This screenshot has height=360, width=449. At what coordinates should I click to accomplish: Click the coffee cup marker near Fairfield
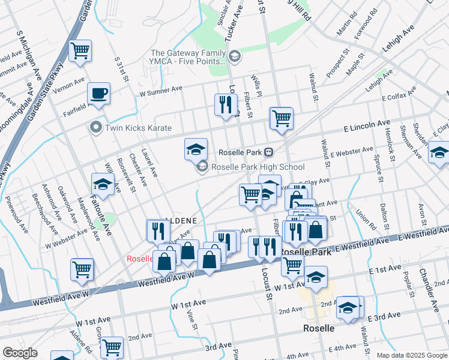coord(99,94)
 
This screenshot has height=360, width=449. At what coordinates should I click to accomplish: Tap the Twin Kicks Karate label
coord(137,128)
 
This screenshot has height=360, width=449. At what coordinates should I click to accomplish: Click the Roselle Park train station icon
coord(270,152)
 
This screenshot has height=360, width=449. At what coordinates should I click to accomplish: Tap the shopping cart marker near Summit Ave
coord(80,51)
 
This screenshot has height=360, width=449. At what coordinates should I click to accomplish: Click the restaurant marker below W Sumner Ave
coord(226,105)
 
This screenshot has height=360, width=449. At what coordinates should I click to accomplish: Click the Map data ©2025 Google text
coord(411,355)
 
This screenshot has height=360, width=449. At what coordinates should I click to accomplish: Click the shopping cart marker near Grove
coord(111,347)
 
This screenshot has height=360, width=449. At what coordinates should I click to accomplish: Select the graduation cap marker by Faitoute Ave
coord(103,184)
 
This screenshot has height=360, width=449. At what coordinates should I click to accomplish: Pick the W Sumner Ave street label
coord(160,91)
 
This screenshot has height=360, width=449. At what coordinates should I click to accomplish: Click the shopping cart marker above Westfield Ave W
coord(82,269)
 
